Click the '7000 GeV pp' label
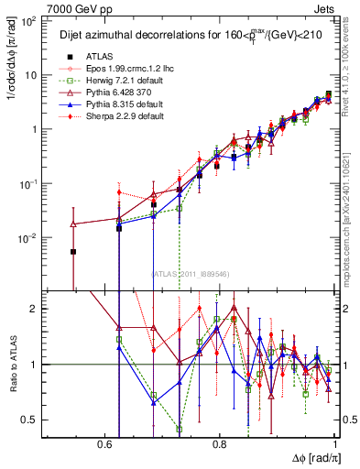(x=34, y=6)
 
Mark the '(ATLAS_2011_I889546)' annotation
(x=189, y=273)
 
